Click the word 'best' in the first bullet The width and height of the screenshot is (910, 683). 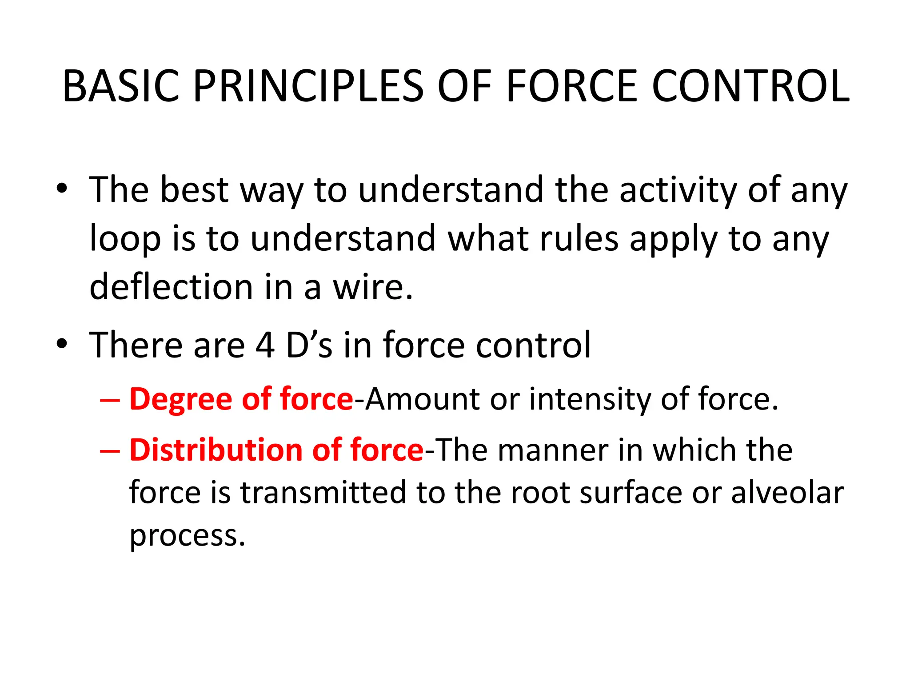[x=194, y=190]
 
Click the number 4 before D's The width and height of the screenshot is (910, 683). [x=265, y=346]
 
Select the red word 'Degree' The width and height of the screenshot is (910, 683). [x=180, y=399]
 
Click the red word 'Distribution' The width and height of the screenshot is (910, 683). [x=215, y=450]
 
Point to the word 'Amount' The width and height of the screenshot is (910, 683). [x=422, y=399]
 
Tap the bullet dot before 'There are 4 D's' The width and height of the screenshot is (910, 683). [x=62, y=344]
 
